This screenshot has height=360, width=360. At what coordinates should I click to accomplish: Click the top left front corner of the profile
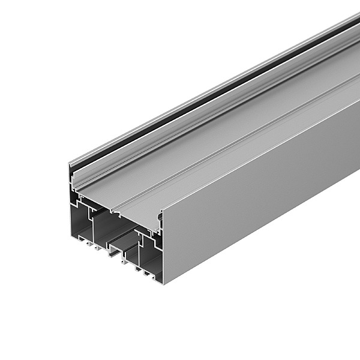click(x=70, y=164)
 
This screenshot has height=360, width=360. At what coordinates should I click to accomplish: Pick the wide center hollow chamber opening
click(x=111, y=228)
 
